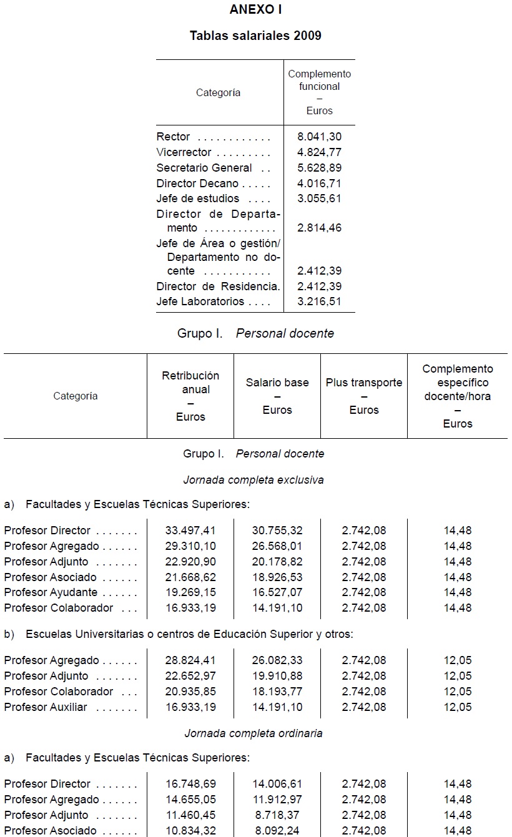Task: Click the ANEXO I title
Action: (255, 9)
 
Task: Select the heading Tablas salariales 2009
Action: (255, 36)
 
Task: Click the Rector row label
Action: (174, 137)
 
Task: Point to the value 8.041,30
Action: (320, 137)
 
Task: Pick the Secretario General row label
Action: (204, 168)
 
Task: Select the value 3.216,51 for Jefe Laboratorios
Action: (320, 301)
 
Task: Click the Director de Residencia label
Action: (218, 286)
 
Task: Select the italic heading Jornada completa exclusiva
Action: (254, 480)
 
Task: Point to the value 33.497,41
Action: (190, 531)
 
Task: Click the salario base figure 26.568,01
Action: (277, 546)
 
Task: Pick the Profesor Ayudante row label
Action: (51, 592)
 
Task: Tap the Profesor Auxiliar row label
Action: (46, 707)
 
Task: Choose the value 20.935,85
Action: (190, 692)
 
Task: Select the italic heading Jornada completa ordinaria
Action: (254, 733)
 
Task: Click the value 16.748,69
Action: (190, 784)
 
